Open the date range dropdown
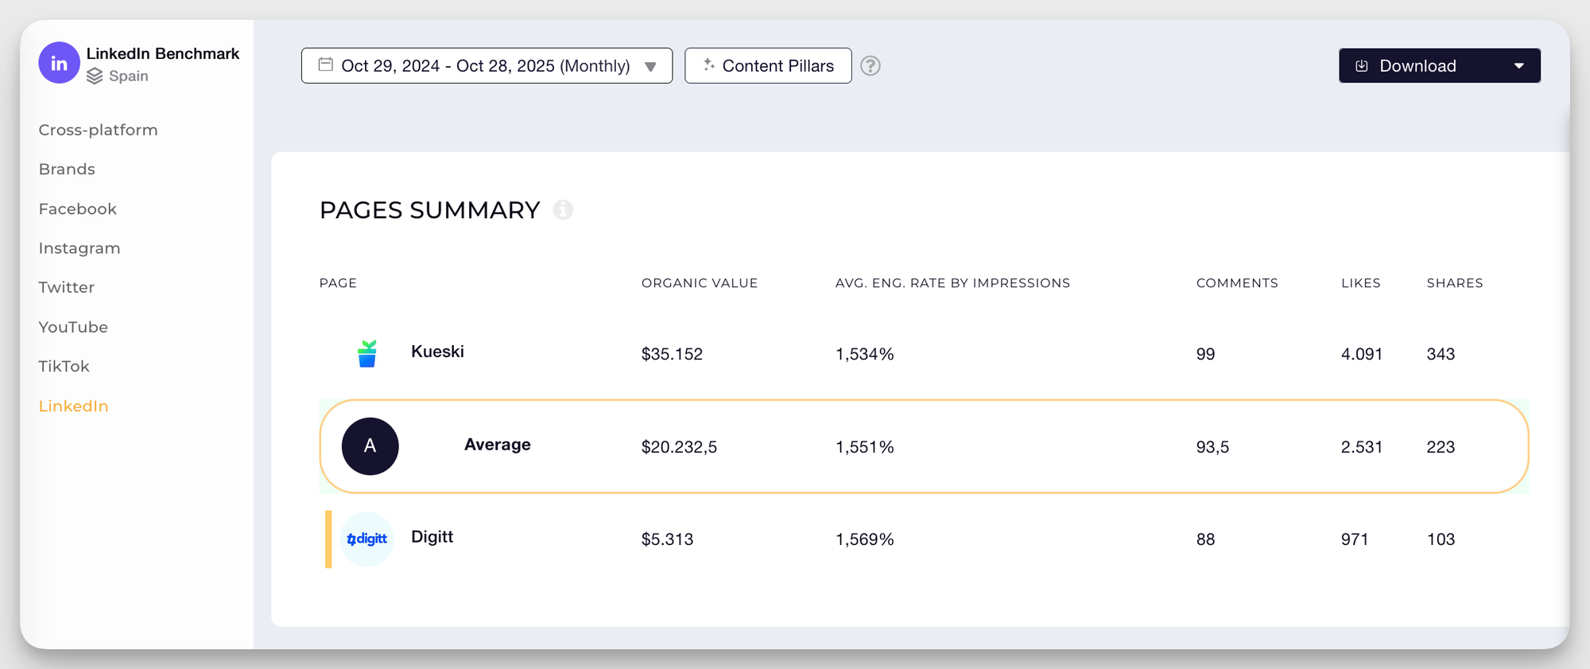(x=487, y=66)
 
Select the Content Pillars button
(x=768, y=66)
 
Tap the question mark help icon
(x=871, y=66)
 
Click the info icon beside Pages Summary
(x=563, y=210)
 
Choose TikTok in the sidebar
(x=64, y=367)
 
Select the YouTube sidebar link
(x=73, y=327)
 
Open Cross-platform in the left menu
(x=98, y=130)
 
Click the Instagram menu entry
(x=79, y=248)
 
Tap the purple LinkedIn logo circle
(x=59, y=64)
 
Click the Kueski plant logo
(x=366, y=353)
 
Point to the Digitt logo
(x=367, y=539)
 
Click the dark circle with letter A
(x=370, y=446)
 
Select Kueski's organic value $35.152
(x=672, y=354)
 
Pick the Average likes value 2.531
(x=1361, y=447)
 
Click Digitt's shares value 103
(x=1441, y=539)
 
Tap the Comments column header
(x=1237, y=283)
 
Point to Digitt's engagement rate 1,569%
(x=864, y=539)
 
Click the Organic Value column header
(x=700, y=283)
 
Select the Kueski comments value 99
(x=1205, y=354)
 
